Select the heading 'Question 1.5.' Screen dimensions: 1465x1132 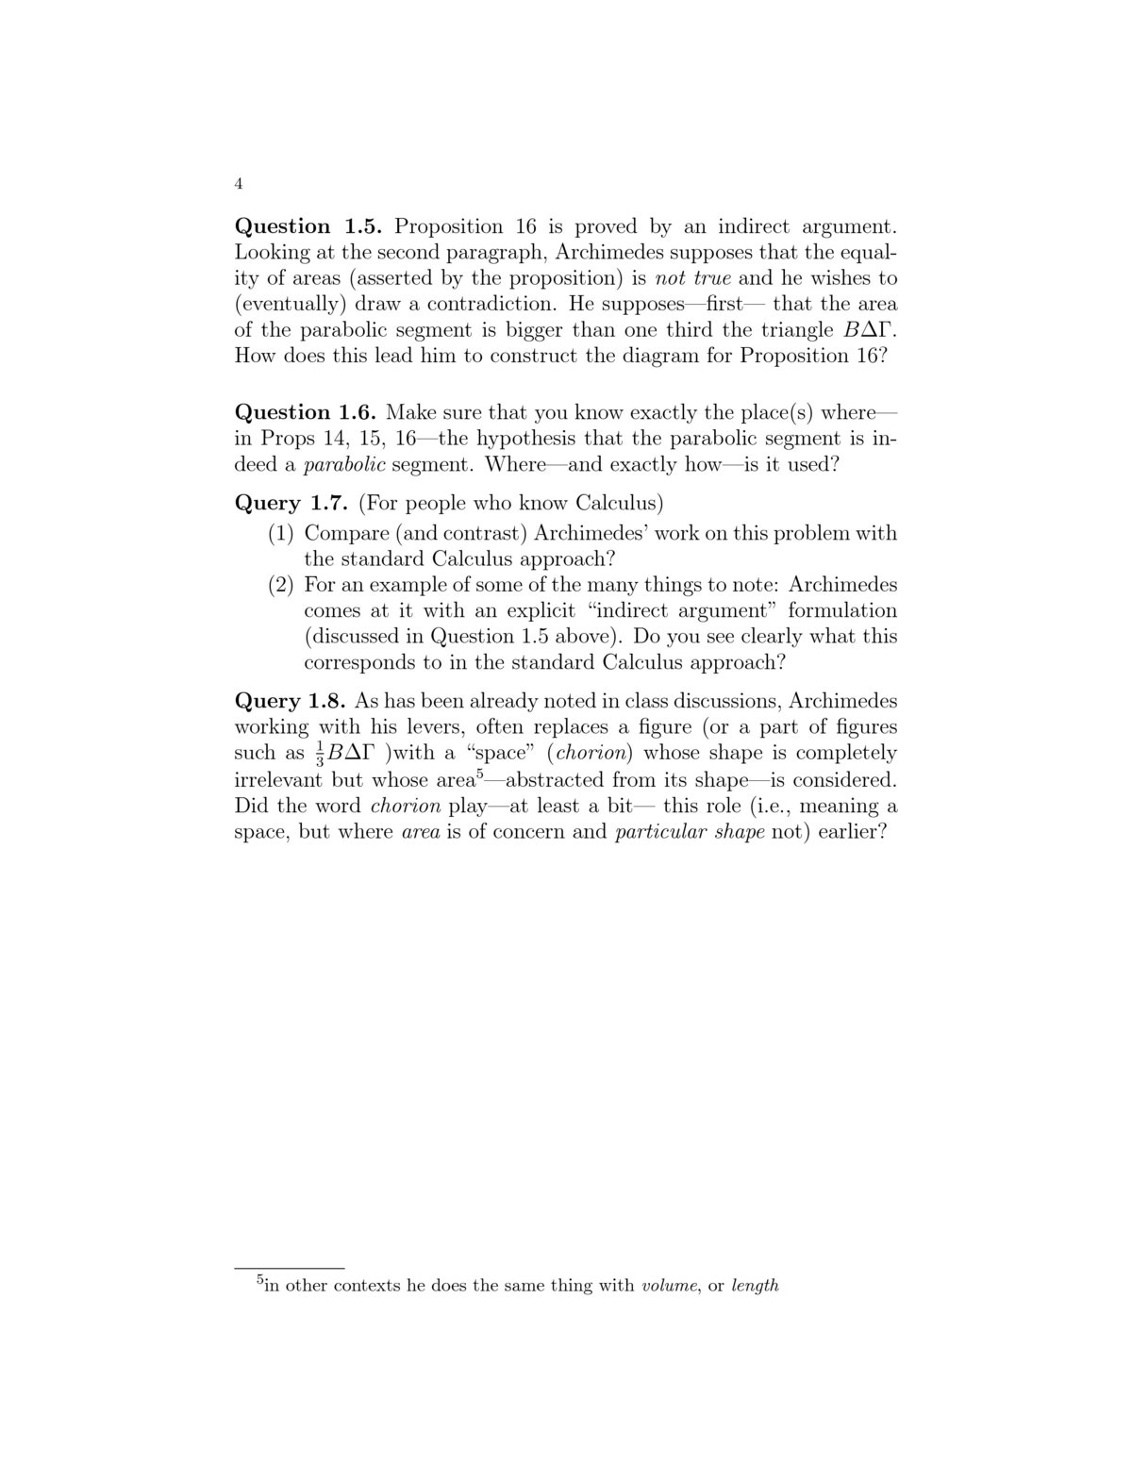[308, 226]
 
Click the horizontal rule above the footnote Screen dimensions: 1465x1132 [289, 1268]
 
